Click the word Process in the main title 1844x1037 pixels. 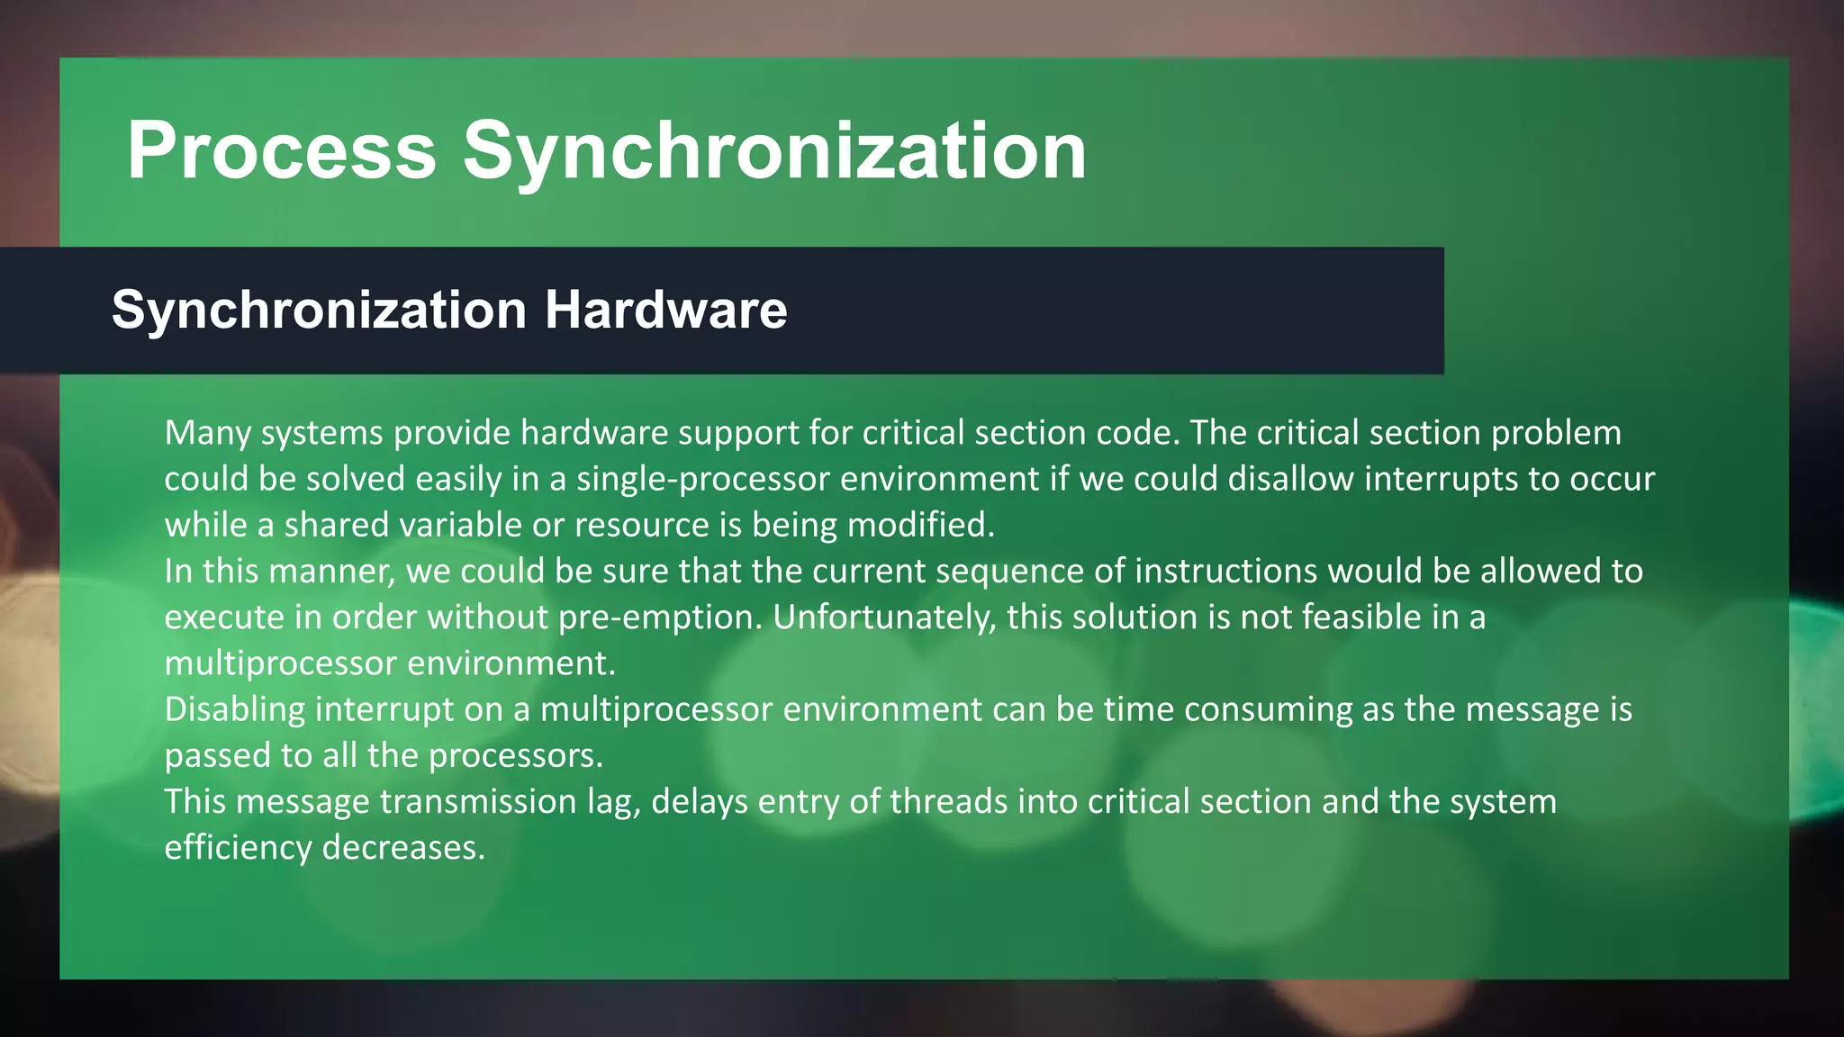coord(281,150)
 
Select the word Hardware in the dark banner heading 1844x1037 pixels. coord(665,310)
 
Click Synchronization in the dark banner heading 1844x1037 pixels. coord(319,310)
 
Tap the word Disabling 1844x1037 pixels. coord(235,709)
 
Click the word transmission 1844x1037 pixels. coord(478,801)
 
